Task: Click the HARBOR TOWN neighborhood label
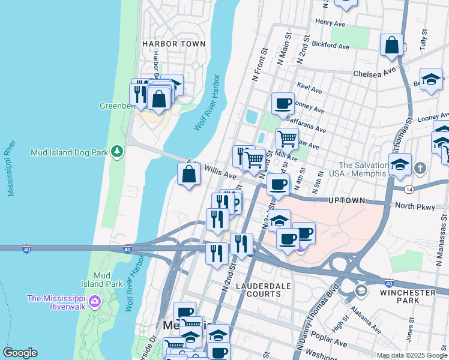point(173,44)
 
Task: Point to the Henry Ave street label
point(331,22)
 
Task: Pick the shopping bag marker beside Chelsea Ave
point(391,45)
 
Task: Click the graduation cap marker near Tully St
point(430,79)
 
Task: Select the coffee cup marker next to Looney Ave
point(283,103)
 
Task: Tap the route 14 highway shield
point(409,189)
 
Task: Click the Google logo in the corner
point(20,353)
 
